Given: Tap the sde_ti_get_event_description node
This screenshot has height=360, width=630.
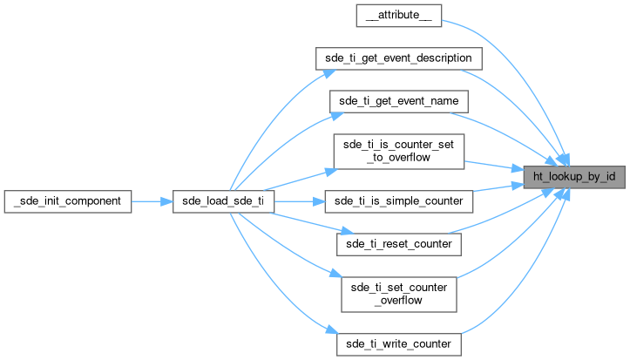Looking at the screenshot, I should (x=398, y=58).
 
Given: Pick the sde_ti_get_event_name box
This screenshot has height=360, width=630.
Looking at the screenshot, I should (x=398, y=101).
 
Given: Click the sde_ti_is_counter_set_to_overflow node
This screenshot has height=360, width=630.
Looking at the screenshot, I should (x=398, y=151).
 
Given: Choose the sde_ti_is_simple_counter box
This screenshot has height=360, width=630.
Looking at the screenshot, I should (x=398, y=200).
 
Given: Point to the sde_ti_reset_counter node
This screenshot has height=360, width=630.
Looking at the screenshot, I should (x=398, y=244).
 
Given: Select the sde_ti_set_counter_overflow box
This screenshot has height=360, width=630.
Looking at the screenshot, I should (x=398, y=294).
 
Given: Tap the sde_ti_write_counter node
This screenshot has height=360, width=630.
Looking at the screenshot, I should (x=398, y=343).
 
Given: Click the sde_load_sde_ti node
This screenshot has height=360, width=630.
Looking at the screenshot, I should (x=224, y=200).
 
